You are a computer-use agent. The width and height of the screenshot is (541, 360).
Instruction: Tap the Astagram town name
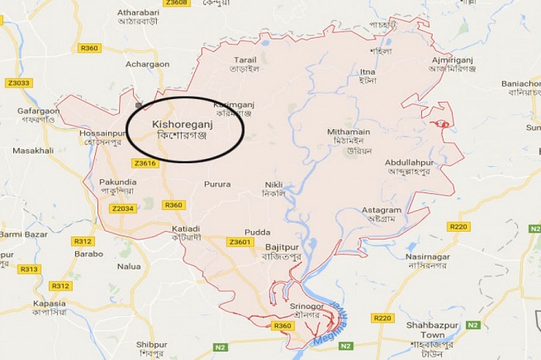coord(381,210)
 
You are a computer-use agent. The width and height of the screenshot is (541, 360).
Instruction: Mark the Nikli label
coord(274,185)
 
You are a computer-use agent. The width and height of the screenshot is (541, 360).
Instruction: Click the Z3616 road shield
coord(145,163)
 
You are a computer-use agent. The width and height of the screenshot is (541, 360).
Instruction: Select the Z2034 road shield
coord(123,209)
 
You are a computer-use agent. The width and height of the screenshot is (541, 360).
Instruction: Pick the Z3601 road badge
coord(240,242)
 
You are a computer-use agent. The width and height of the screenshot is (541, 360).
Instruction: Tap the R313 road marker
coord(29,269)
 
